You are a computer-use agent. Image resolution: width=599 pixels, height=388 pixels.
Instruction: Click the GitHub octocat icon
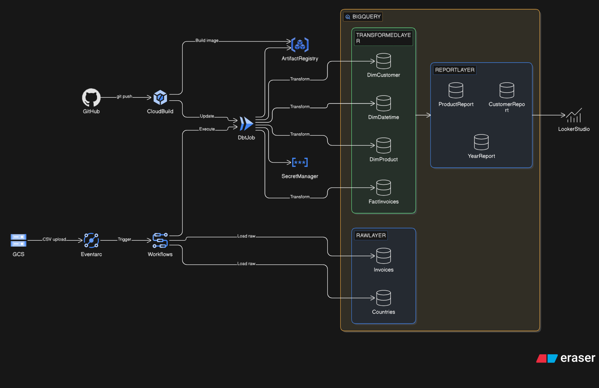(91, 98)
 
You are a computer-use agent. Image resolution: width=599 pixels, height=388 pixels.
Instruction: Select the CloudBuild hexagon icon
(160, 98)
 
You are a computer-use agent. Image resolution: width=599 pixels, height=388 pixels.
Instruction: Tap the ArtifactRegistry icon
(300, 45)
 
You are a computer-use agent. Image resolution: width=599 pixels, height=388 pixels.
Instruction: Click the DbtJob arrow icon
(246, 124)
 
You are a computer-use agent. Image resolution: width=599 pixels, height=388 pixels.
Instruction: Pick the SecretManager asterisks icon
(300, 162)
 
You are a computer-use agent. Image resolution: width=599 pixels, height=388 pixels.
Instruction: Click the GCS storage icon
(19, 240)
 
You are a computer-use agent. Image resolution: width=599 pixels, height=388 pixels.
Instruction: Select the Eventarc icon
(91, 240)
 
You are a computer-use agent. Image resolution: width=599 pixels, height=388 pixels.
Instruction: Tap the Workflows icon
(160, 240)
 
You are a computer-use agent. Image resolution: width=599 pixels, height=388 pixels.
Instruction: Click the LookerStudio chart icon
(574, 116)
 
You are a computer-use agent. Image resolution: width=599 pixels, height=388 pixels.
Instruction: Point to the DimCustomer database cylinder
(384, 61)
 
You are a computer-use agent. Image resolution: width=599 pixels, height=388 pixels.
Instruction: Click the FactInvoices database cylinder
(384, 188)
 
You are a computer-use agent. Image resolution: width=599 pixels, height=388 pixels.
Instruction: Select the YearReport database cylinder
(481, 142)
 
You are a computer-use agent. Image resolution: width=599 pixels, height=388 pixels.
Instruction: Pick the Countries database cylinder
(384, 298)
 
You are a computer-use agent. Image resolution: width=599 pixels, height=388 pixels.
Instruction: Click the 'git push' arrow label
(124, 97)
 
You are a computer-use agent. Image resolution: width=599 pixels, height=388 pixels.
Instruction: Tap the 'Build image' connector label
(207, 41)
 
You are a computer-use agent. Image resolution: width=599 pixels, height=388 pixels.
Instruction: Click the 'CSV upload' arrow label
(54, 240)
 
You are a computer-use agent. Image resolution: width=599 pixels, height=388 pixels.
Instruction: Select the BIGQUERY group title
(366, 17)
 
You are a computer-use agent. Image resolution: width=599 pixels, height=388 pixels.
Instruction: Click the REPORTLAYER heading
(455, 70)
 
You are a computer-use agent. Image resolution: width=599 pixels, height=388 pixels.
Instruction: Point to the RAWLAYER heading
(371, 235)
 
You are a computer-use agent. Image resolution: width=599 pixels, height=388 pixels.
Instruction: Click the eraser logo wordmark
(578, 358)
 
